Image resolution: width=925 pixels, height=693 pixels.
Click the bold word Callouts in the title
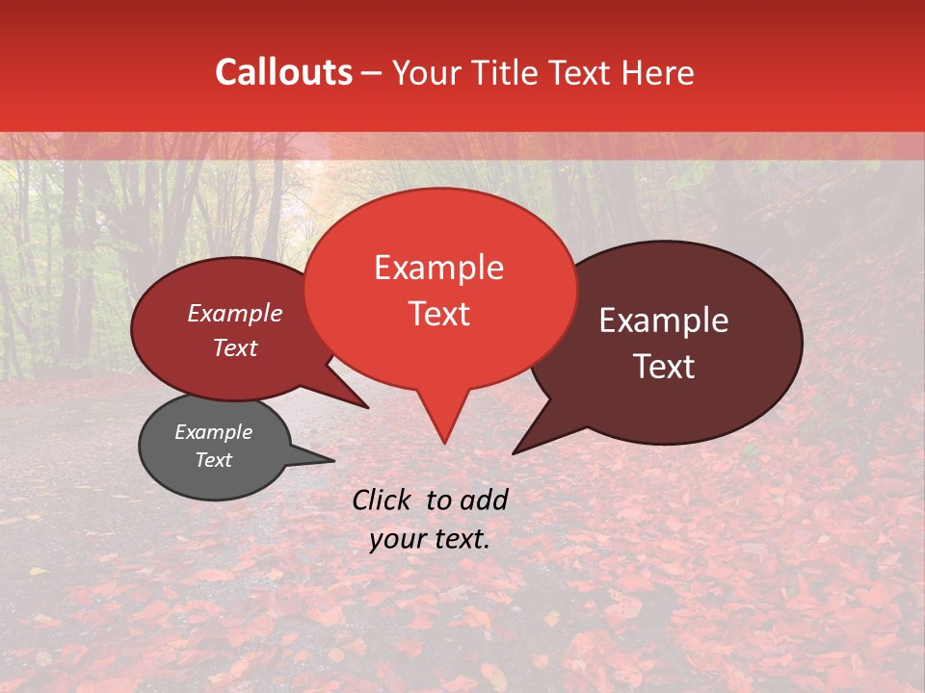(x=283, y=72)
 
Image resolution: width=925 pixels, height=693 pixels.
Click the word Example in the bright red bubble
(x=438, y=268)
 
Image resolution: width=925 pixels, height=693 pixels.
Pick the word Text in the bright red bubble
(x=438, y=314)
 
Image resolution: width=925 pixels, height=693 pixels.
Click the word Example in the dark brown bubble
(x=664, y=321)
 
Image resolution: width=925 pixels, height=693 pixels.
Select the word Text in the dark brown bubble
(x=664, y=367)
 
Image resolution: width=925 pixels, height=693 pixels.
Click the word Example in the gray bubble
(x=213, y=432)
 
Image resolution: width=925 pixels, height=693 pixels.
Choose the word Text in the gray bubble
(x=213, y=460)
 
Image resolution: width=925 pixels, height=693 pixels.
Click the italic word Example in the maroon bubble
(x=235, y=314)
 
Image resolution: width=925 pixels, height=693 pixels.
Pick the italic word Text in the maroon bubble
(x=235, y=348)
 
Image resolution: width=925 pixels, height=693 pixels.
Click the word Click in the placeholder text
(x=383, y=500)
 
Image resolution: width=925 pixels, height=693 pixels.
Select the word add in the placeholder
(x=484, y=500)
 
